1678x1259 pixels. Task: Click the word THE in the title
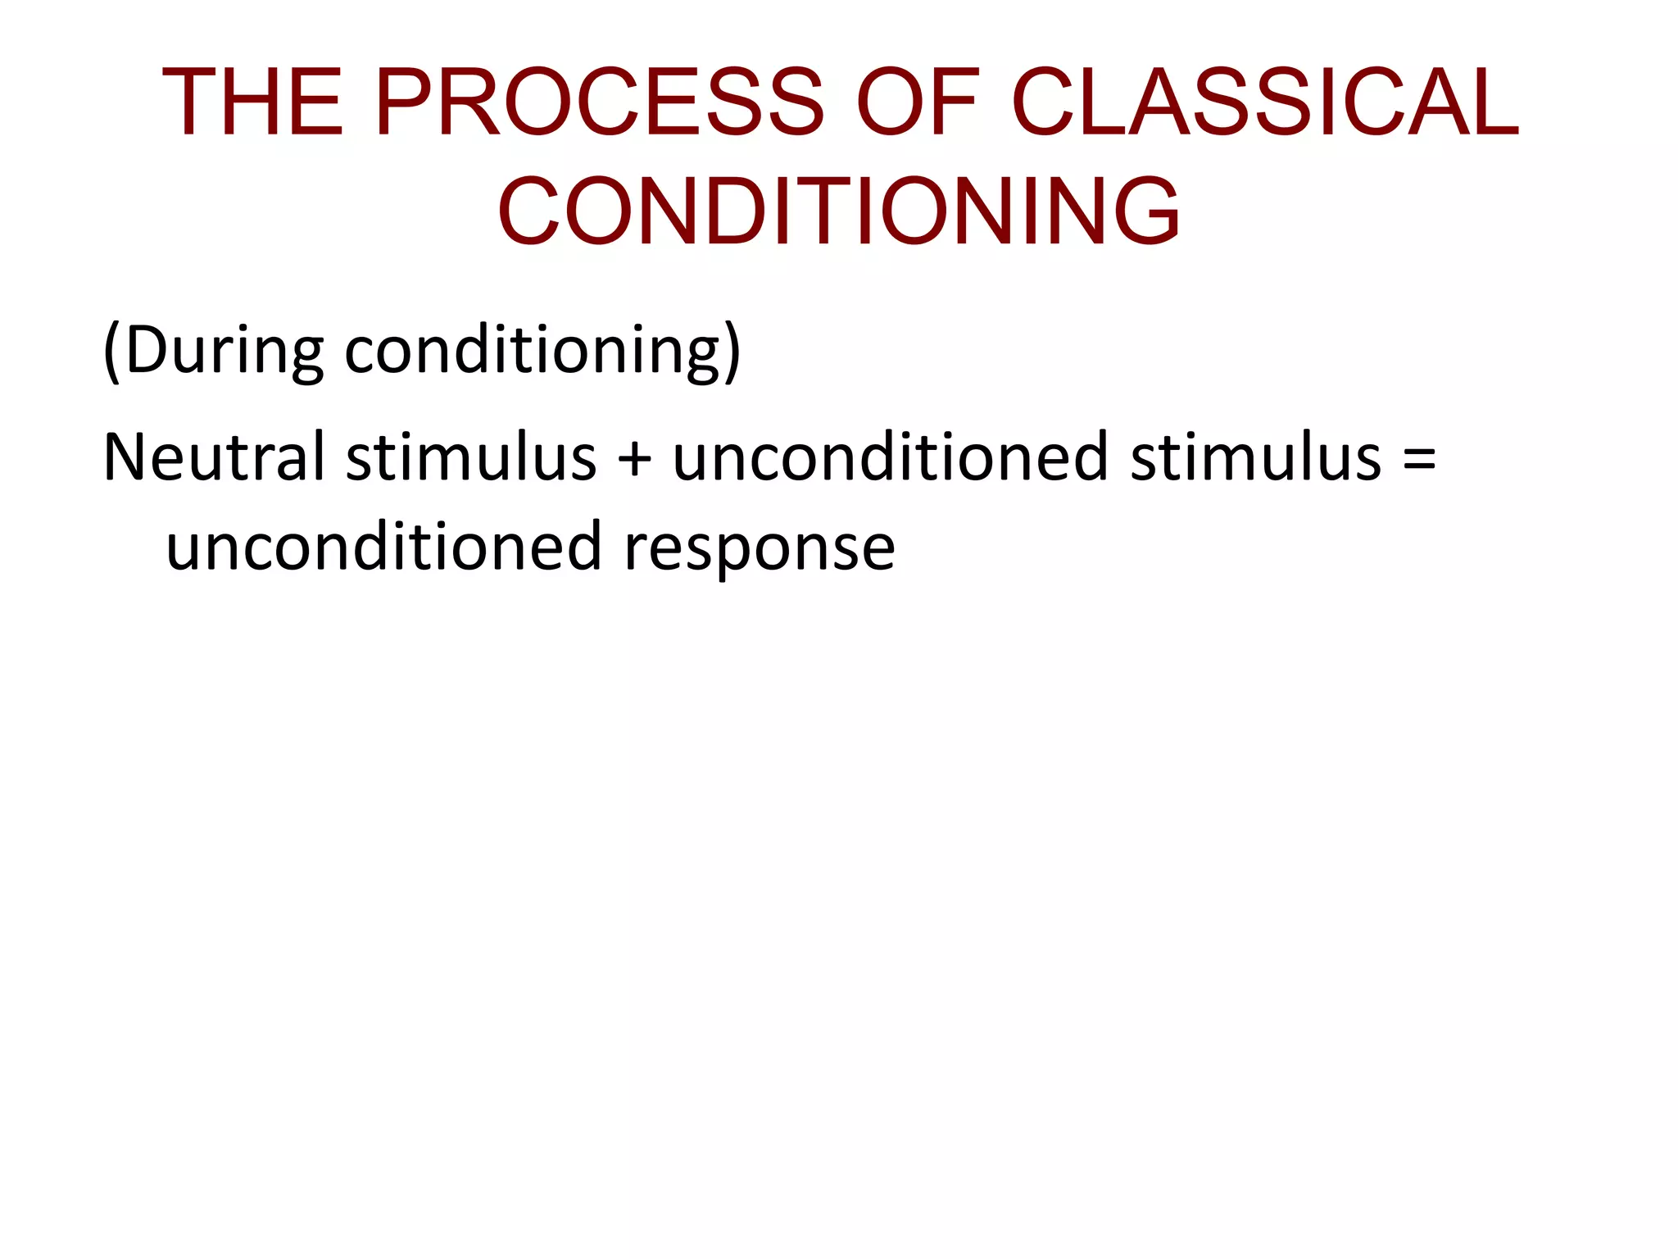point(252,102)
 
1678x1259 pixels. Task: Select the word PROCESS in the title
point(599,102)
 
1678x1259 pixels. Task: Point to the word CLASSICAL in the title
point(1266,102)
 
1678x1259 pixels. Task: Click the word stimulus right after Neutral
point(471,457)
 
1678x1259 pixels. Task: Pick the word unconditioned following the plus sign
point(891,457)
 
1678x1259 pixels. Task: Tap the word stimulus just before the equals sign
point(1256,457)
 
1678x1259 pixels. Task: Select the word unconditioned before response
point(383,547)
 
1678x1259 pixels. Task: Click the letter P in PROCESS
point(403,102)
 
